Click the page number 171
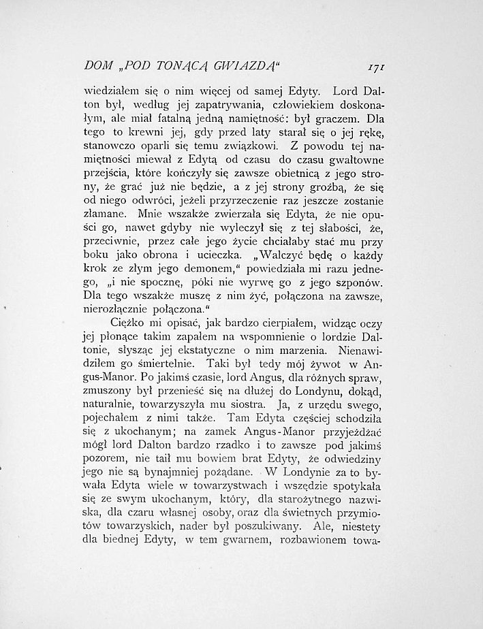pyautogui.click(x=377, y=65)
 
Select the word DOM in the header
pyautogui.click(x=97, y=66)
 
